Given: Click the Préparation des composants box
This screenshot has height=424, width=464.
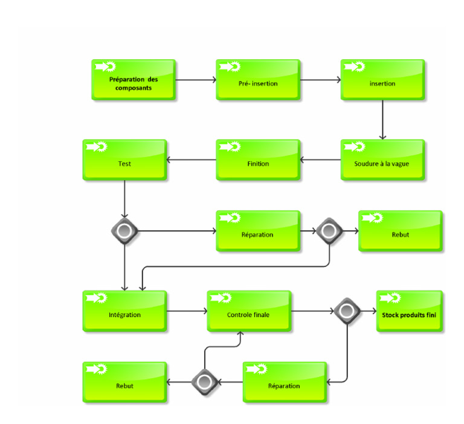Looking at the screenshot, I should pos(134,80).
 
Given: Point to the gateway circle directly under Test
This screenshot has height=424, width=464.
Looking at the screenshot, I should pos(125,230).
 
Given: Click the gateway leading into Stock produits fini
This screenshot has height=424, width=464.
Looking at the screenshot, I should pos(347,311).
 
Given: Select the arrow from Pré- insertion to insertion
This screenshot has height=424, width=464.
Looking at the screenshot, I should pos(320,80).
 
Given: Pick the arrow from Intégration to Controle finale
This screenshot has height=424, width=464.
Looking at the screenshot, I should pos(187,311).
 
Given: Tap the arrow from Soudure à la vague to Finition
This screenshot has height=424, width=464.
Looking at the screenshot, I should pos(321,160).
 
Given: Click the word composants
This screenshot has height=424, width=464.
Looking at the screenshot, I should pos(134,88).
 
